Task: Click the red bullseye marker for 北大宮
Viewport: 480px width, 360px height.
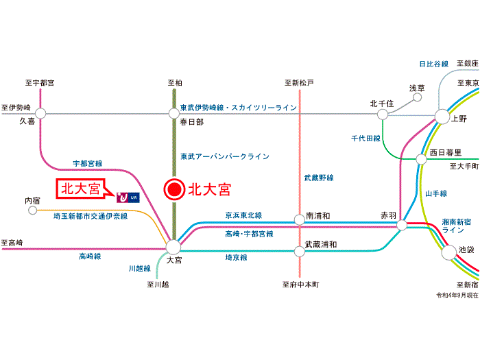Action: pyautogui.click(x=174, y=189)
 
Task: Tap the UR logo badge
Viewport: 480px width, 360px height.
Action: pyautogui.click(x=128, y=197)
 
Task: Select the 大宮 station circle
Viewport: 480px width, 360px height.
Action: pyautogui.click(x=173, y=247)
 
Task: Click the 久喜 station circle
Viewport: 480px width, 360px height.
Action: pyautogui.click(x=40, y=113)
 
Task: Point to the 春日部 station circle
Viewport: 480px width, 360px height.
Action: pyautogui.click(x=174, y=114)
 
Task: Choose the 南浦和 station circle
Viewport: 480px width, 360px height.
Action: pyautogui.click(x=300, y=219)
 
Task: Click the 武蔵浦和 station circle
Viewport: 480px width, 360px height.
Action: pyautogui.click(x=300, y=252)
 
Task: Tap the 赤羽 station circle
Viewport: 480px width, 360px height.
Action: pyautogui.click(x=402, y=226)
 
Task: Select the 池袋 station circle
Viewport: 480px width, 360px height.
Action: pyautogui.click(x=448, y=252)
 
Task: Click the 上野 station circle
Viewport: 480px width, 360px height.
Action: pyautogui.click(x=442, y=117)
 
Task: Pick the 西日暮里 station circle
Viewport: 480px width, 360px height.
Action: pyautogui.click(x=421, y=159)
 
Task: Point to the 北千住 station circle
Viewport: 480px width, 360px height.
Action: pyautogui.click(x=383, y=115)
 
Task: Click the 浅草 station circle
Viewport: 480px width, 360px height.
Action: pyautogui.click(x=417, y=97)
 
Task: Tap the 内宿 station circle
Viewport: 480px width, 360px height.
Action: pyautogui.click(x=32, y=211)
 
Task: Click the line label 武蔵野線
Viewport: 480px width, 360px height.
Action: pyautogui.click(x=319, y=178)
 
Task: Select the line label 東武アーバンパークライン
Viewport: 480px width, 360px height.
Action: pyautogui.click(x=225, y=156)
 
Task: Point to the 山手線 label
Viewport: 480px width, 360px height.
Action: pyautogui.click(x=436, y=193)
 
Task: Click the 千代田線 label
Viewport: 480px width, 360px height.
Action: pyautogui.click(x=365, y=139)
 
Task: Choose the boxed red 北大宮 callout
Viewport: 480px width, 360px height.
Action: pyautogui.click(x=81, y=189)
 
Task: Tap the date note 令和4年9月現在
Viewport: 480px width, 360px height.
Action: pyautogui.click(x=457, y=295)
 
